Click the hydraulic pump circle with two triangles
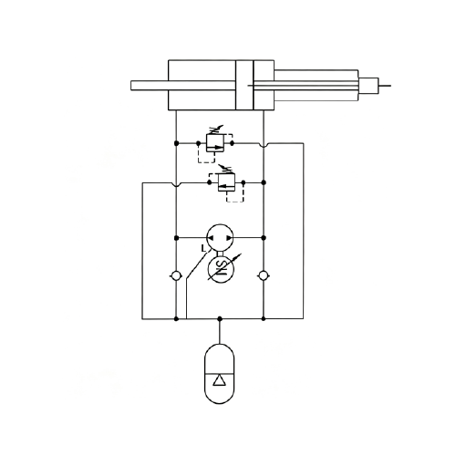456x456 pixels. click(x=220, y=238)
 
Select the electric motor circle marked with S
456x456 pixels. click(x=221, y=270)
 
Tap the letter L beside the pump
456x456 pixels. click(x=203, y=249)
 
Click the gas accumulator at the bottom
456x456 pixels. click(x=220, y=374)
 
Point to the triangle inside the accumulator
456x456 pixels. click(x=220, y=380)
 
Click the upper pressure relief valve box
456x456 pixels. click(x=215, y=143)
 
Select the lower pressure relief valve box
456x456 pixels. click(x=227, y=182)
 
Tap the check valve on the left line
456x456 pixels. click(x=176, y=276)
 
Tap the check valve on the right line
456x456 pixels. click(x=264, y=275)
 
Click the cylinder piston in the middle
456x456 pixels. click(x=244, y=85)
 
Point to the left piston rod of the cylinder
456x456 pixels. click(x=183, y=86)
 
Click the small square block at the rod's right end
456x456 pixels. click(x=368, y=86)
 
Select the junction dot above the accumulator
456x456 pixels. click(x=220, y=318)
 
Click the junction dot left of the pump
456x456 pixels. click(x=176, y=238)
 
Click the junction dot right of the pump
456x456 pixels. click(x=264, y=238)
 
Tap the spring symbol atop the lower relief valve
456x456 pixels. click(x=225, y=170)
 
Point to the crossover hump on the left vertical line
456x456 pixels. click(x=176, y=184)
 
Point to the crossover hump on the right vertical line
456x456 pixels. click(x=264, y=145)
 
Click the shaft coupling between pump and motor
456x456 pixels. click(x=220, y=254)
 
